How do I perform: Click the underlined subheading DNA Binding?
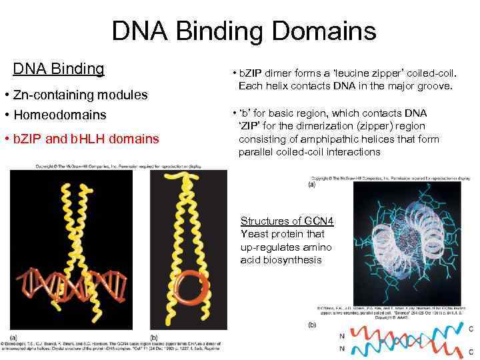[x=59, y=69]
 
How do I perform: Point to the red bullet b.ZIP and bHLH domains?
[x=85, y=139]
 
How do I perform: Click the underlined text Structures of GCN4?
[x=287, y=221]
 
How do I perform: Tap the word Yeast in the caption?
[x=254, y=234]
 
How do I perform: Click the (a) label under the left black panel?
[x=13, y=337]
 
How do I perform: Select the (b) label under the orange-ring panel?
[x=154, y=337]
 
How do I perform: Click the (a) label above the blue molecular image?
[x=312, y=185]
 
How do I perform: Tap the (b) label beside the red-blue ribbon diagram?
[x=312, y=325]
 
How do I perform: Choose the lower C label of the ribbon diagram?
[x=472, y=348]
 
